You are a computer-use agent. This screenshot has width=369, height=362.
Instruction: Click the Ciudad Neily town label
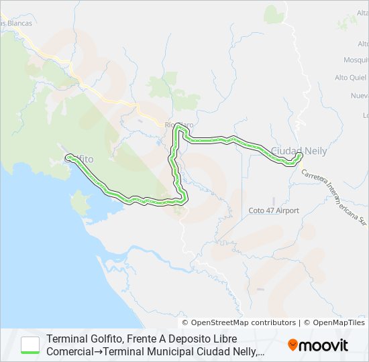click(x=299, y=151)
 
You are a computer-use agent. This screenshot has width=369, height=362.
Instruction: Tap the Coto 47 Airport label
click(x=274, y=210)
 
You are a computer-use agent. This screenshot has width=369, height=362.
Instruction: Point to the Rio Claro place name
click(x=178, y=125)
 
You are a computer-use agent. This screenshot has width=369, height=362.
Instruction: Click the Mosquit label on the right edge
click(x=356, y=59)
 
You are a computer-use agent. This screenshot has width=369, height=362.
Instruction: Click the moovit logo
click(x=318, y=345)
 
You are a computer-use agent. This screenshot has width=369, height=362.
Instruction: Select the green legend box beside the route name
click(x=30, y=345)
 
